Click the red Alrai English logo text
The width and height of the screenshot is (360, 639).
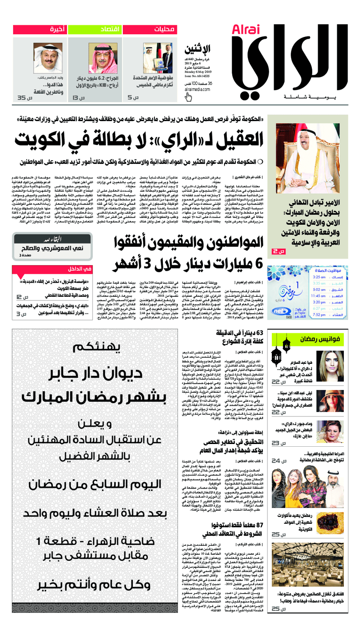(243, 30)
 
